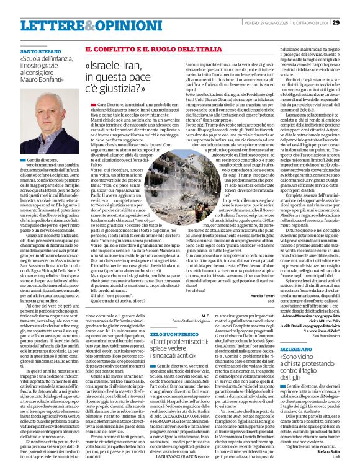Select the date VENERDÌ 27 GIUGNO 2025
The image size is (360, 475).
[x=253, y=6]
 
